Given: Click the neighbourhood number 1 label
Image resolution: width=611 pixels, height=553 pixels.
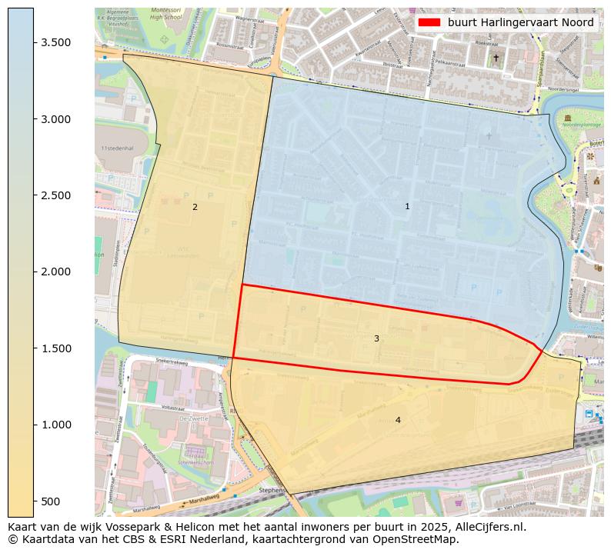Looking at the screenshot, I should pos(407,206).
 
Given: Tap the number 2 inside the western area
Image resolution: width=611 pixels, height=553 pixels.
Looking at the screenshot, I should pos(195,207).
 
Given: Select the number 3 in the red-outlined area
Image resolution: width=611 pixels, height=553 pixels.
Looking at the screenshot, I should pos(376,338).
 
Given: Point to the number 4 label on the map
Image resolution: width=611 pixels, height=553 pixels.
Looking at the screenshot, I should pos(398,420).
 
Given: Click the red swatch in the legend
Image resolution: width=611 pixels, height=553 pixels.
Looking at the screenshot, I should pos(430,23).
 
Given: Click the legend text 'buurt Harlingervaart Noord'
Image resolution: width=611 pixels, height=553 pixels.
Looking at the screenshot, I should pos(520,23).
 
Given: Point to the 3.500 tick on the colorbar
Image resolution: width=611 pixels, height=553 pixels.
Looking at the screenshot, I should pos(62,42).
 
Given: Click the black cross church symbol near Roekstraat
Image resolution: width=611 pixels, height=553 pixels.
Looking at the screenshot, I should pos(496,58).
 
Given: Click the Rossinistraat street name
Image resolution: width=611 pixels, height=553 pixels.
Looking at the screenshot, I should pos(230,45).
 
